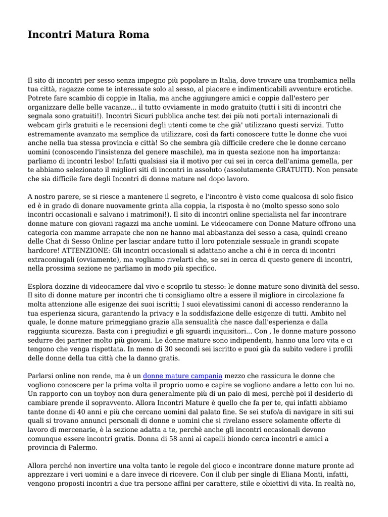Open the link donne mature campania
182,376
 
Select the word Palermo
82,447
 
